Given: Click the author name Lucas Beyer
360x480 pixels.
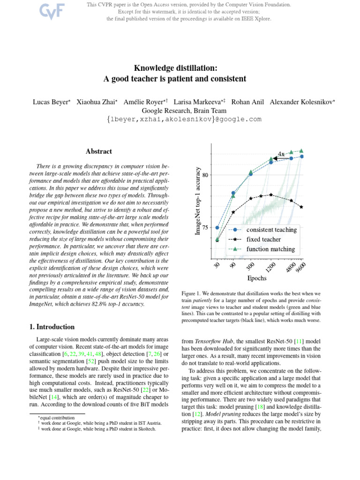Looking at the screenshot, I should click(x=51, y=102).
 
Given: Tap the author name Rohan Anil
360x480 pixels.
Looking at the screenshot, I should click(x=246, y=102).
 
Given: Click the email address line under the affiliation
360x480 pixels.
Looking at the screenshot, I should click(x=184, y=120).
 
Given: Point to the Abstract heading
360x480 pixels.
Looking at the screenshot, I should click(x=99, y=151).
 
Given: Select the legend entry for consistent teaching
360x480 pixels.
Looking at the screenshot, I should click(x=271, y=230).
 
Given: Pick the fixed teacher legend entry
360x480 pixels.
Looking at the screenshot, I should click(x=264, y=240).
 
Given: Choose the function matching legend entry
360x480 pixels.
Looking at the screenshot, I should click(x=270, y=249).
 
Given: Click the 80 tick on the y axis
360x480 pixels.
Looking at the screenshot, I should click(x=205, y=175).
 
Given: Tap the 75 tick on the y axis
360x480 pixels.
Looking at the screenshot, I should click(x=205, y=228).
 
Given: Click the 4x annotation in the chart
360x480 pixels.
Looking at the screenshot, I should click(x=281, y=154).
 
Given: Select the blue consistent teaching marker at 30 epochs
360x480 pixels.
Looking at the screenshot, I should click(x=217, y=227).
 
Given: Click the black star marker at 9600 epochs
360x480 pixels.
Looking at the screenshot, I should click(x=301, y=207).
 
